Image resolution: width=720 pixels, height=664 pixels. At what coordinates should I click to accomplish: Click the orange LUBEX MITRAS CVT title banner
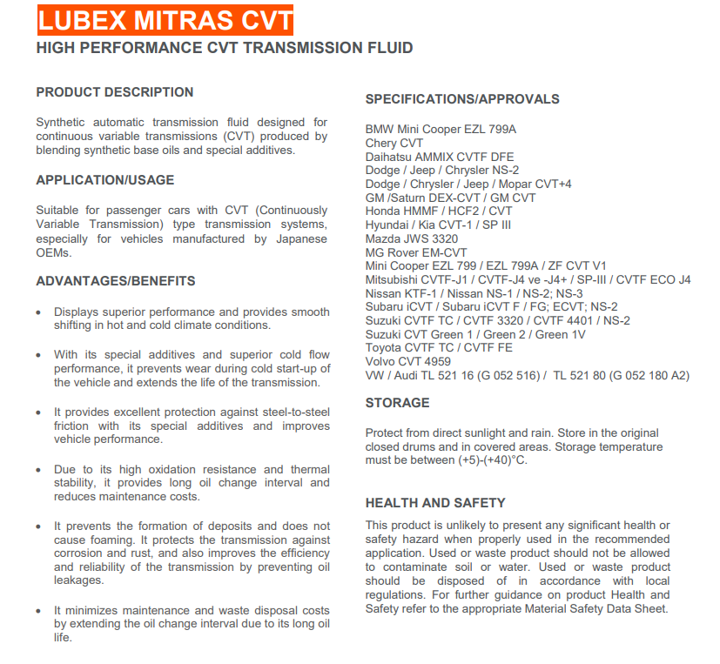coord(165,19)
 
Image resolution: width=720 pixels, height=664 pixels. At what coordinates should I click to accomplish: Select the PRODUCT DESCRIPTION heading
coord(115,92)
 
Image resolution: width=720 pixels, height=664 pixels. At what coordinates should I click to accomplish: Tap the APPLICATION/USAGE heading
coord(105,180)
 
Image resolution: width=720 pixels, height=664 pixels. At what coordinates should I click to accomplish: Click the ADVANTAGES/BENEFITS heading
coord(116,281)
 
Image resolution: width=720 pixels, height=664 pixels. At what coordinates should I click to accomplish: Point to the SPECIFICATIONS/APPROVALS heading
coord(462,99)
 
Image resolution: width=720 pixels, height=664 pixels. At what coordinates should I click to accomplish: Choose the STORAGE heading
coord(397,403)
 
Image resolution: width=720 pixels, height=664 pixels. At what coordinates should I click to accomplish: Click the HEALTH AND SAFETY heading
coord(435,503)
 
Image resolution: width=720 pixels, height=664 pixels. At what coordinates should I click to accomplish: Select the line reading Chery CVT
coord(394,144)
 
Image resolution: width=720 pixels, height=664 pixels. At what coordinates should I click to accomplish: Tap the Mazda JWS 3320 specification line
coord(412,238)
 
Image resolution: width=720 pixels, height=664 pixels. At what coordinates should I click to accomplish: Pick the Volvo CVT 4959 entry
coord(408,361)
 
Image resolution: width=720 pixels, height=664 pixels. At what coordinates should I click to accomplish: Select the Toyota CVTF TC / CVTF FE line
coord(439,347)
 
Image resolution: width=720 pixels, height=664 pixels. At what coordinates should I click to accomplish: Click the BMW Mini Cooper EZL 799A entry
coord(441,130)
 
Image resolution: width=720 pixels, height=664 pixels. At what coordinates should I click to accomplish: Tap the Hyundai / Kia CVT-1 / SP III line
coord(438,225)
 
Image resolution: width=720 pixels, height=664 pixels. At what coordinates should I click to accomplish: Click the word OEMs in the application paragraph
coord(53,252)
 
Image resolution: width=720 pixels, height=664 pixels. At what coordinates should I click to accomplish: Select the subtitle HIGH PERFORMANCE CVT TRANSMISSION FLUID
coord(225,48)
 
